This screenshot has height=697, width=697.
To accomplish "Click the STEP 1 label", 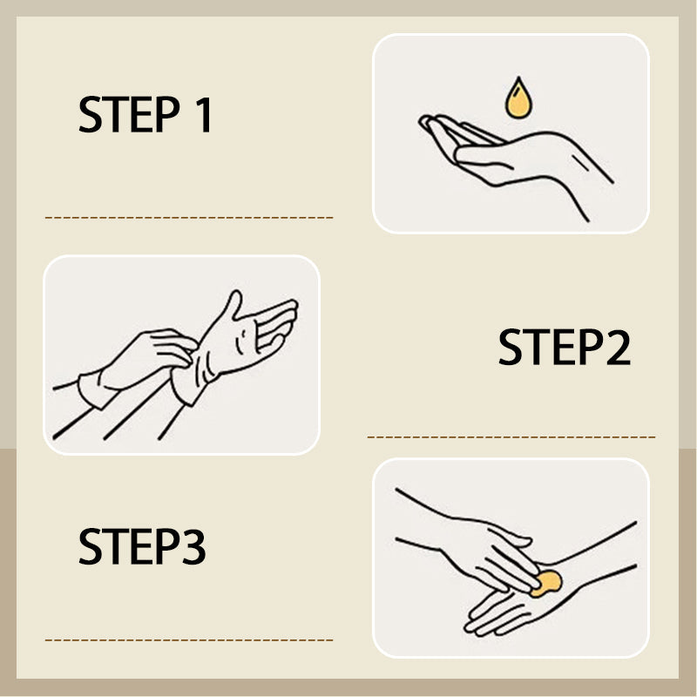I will click(145, 115).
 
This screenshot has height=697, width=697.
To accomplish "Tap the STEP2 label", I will click(564, 348).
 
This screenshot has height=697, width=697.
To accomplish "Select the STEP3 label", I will click(142, 546).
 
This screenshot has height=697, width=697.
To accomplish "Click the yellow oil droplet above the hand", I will click(518, 98).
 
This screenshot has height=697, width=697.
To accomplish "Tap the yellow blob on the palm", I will click(545, 583).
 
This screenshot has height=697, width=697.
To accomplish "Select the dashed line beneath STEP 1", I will click(188, 217).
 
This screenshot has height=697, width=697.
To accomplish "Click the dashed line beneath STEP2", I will click(511, 436).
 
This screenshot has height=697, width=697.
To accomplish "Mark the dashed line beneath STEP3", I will click(188, 639).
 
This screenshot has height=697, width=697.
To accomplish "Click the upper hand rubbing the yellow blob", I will click(488, 545).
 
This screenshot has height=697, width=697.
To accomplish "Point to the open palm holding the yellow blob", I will click(514, 606).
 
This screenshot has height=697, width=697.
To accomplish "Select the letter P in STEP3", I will click(168, 546).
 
